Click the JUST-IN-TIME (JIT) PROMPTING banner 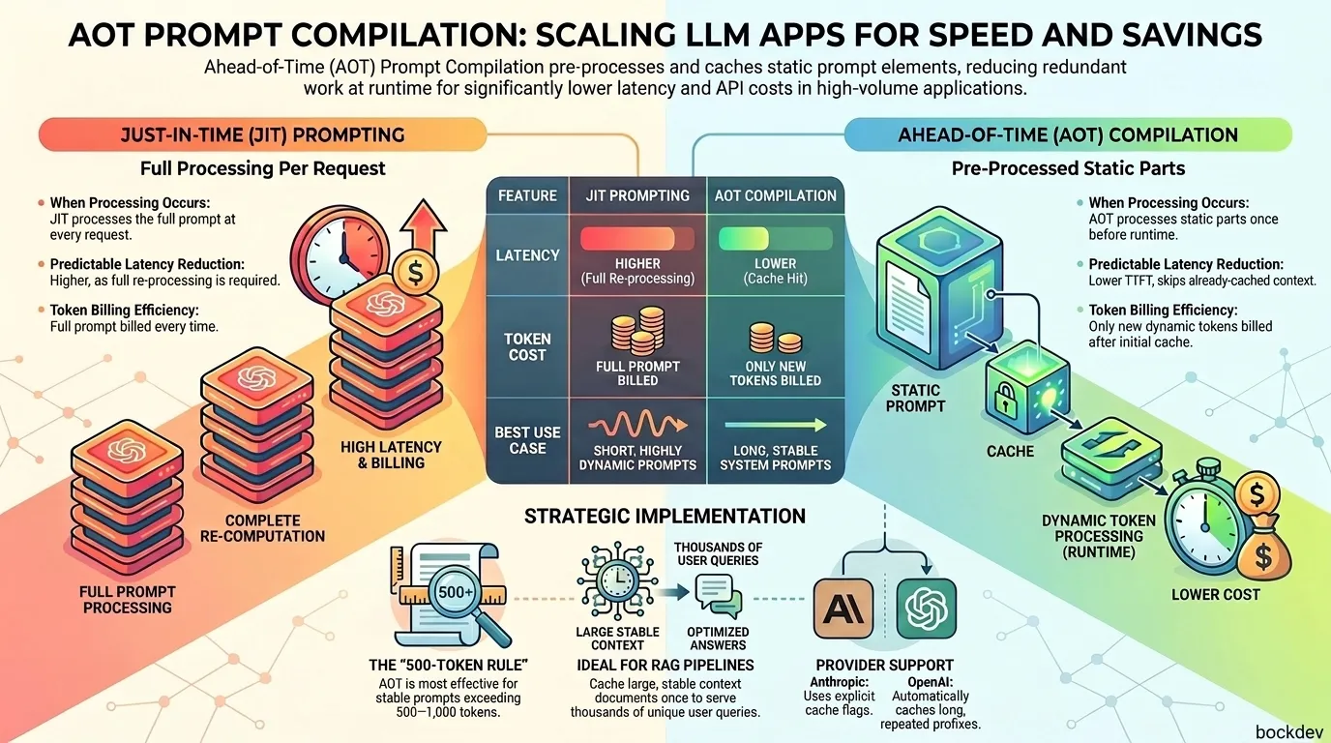click(x=263, y=134)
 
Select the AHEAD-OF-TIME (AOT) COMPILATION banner click(x=1068, y=134)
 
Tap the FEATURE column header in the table click(x=527, y=195)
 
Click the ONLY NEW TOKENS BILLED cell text click(x=775, y=373)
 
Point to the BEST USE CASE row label click(x=527, y=440)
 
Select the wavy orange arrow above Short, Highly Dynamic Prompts click(x=638, y=425)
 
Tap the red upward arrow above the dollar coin click(x=423, y=228)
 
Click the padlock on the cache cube click(x=1005, y=399)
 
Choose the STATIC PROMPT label click(x=915, y=399)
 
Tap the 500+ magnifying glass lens click(x=456, y=592)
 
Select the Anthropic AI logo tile click(x=843, y=609)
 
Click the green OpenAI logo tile click(x=927, y=609)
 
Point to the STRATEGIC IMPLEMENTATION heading click(x=665, y=516)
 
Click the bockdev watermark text click(x=1288, y=731)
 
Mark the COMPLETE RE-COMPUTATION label click(x=262, y=528)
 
